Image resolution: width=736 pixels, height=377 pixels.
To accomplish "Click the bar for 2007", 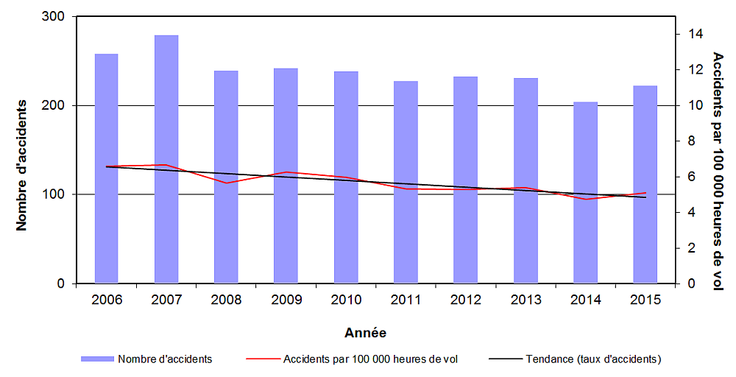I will click(166, 159).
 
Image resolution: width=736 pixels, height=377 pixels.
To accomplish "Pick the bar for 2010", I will click(346, 177).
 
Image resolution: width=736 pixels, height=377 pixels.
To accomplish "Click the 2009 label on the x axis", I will click(286, 300).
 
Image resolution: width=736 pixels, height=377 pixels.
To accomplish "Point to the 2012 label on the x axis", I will click(465, 300).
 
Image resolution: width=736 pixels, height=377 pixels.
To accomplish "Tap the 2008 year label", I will click(226, 300).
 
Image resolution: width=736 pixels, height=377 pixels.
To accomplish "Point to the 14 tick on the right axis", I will click(695, 34).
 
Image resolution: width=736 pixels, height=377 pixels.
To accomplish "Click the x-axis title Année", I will click(365, 333).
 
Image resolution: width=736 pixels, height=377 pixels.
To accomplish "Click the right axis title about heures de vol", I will click(718, 171).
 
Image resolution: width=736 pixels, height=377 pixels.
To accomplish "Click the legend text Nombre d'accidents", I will click(165, 359).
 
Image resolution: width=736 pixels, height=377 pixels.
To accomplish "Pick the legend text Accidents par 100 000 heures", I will click(370, 359).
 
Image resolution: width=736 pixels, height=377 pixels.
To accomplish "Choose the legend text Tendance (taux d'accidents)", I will click(593, 359).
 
